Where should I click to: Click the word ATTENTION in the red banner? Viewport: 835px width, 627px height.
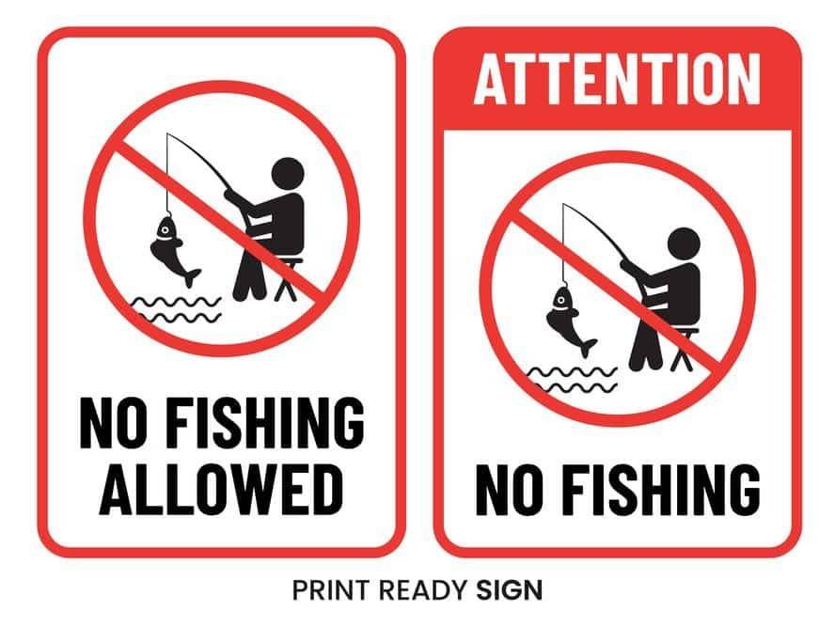pos(617,79)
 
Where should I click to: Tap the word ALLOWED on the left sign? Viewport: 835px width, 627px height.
pos(221,489)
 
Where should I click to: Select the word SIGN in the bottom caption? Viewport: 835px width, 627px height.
pos(509,589)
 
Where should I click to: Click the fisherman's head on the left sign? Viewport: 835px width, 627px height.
pos(288,174)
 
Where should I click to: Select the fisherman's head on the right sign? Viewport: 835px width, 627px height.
pos(684,243)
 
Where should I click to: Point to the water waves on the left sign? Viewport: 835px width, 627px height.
pos(176,310)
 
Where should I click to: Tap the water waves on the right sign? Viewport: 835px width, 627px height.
pos(573,380)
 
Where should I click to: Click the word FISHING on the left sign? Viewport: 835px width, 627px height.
pos(264,423)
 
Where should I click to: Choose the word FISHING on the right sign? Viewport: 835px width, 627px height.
pos(661,489)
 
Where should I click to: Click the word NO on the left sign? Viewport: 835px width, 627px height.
pos(115,423)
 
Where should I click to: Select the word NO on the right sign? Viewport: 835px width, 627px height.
pos(511,489)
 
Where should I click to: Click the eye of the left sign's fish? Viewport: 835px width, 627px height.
pos(165,230)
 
